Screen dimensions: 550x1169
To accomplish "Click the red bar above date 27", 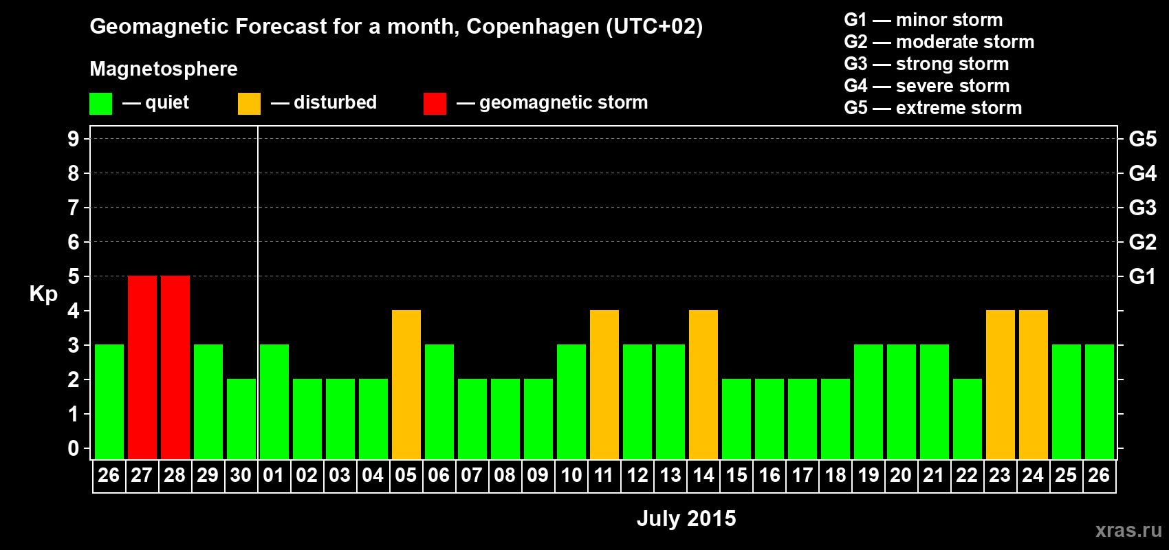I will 142,367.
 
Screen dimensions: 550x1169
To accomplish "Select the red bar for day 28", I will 175,367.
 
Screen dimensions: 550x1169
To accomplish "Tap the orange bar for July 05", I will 406,384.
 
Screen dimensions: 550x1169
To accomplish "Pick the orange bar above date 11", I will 604,384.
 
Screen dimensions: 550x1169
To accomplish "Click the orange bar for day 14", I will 703,384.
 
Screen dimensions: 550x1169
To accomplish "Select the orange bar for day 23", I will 1001,384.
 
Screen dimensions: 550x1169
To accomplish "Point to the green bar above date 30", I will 241,419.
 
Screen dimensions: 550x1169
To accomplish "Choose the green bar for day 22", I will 968,419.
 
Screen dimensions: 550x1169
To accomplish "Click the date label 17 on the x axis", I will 802,475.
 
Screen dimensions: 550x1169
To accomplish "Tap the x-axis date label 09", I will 538,475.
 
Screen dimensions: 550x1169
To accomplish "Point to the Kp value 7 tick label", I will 74,208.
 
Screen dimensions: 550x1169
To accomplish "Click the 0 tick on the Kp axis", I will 74,448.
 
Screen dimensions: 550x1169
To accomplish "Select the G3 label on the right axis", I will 1142,208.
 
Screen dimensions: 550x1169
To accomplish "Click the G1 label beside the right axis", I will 1142,276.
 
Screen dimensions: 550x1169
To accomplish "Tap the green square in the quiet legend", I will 101,104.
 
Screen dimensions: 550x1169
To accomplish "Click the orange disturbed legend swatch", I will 249,104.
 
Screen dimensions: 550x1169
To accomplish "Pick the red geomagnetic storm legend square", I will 435,104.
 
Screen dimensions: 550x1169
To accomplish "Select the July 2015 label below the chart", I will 686,518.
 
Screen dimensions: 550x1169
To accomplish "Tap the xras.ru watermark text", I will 1128,530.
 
